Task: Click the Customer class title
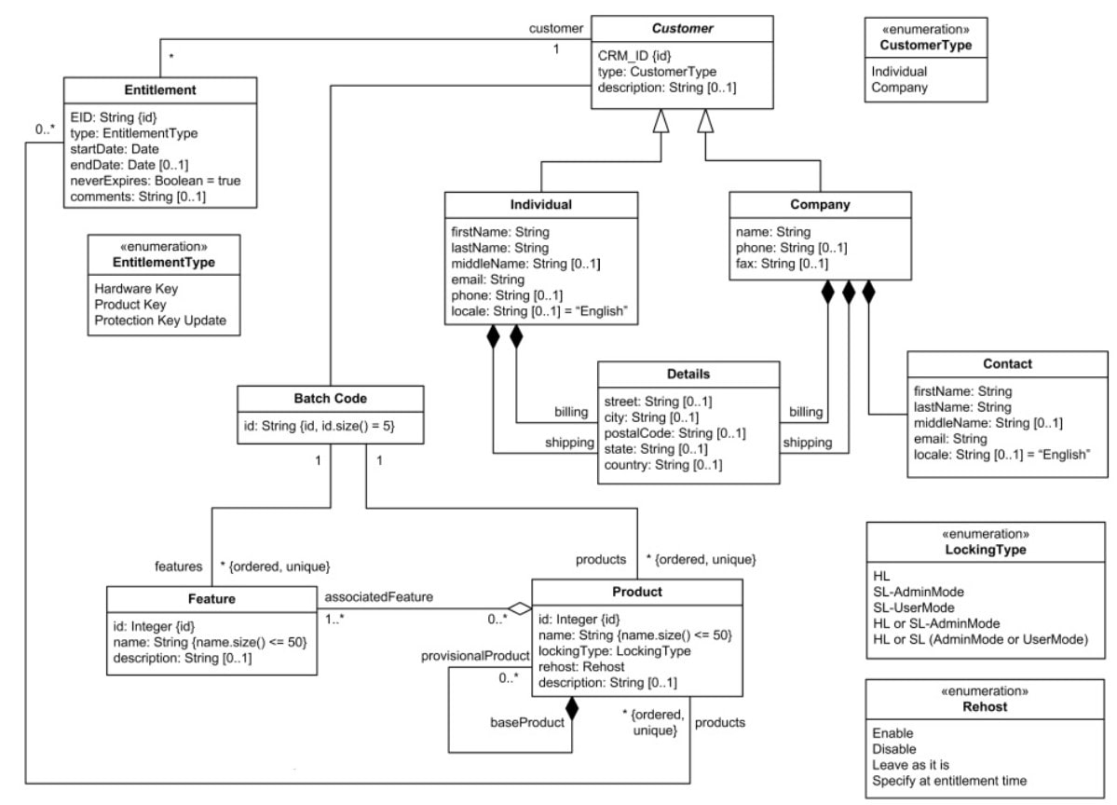coord(682,29)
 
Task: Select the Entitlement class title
coord(159,89)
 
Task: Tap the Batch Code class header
coord(331,399)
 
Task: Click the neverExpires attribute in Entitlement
coord(156,180)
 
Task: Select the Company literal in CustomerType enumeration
coord(899,88)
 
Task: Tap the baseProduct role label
coord(527,721)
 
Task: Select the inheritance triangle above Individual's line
coord(661,121)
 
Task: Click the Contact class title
coord(1007,363)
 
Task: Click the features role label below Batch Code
coord(178,565)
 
